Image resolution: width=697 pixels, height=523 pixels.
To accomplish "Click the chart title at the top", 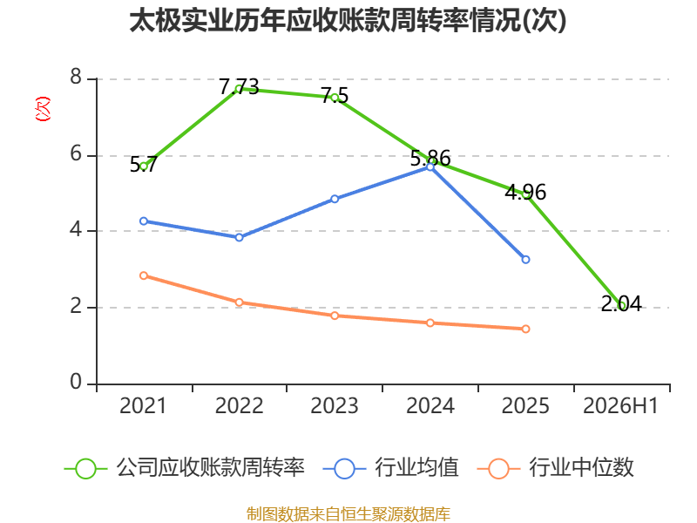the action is [x=348, y=21].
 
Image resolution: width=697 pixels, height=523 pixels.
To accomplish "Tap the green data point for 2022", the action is [x=239, y=89].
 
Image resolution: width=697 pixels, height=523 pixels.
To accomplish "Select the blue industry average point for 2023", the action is [x=335, y=199].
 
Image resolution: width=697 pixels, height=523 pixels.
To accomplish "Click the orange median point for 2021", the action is [x=144, y=275].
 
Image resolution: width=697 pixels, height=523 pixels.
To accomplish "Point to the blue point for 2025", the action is [x=525, y=259].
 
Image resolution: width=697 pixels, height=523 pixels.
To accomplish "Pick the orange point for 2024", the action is [x=430, y=323].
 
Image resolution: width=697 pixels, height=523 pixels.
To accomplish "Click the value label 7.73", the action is [x=239, y=86].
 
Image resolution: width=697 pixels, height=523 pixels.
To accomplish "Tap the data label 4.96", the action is [x=525, y=192].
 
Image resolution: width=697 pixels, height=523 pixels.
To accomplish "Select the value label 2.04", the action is [x=621, y=303].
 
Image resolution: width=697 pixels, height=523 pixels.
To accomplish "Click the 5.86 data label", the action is [x=430, y=158].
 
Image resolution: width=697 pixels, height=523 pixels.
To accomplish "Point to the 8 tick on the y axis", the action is [x=76, y=77].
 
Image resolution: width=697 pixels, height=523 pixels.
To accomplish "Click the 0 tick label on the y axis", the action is [x=76, y=382].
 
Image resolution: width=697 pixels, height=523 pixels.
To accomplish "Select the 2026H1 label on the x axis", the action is [x=620, y=405].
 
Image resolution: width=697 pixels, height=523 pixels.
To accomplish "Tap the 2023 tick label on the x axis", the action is [x=335, y=405].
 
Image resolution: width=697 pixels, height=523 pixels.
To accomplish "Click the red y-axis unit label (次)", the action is [x=43, y=109].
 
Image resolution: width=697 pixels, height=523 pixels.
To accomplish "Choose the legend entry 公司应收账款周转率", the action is [x=185, y=468].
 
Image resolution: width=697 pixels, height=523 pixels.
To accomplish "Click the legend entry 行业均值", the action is [x=390, y=468].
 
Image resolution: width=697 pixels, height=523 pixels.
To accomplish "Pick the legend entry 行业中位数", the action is [x=556, y=468].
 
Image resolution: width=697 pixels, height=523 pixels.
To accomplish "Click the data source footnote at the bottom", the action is [x=348, y=513].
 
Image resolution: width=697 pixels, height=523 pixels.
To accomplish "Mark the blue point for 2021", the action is [x=144, y=221].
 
